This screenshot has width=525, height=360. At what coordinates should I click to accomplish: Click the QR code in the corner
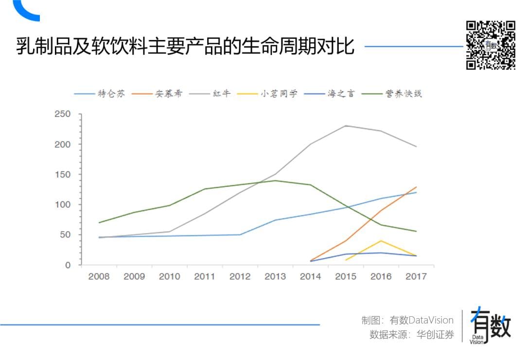point(490,45)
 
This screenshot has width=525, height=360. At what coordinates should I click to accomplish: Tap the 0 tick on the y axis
point(68,265)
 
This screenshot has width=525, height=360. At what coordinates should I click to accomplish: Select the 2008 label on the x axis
point(99,277)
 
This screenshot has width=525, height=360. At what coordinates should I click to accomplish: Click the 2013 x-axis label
point(275,277)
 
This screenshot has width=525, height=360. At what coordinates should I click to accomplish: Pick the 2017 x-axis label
point(416,277)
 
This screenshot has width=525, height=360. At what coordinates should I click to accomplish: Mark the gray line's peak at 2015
point(346,126)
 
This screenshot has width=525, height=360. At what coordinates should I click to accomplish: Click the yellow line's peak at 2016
point(381,241)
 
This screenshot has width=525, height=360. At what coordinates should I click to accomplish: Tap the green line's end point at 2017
point(416,231)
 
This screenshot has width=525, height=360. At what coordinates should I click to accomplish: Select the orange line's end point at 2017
point(416,187)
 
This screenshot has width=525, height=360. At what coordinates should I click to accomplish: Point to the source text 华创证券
point(436,335)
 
